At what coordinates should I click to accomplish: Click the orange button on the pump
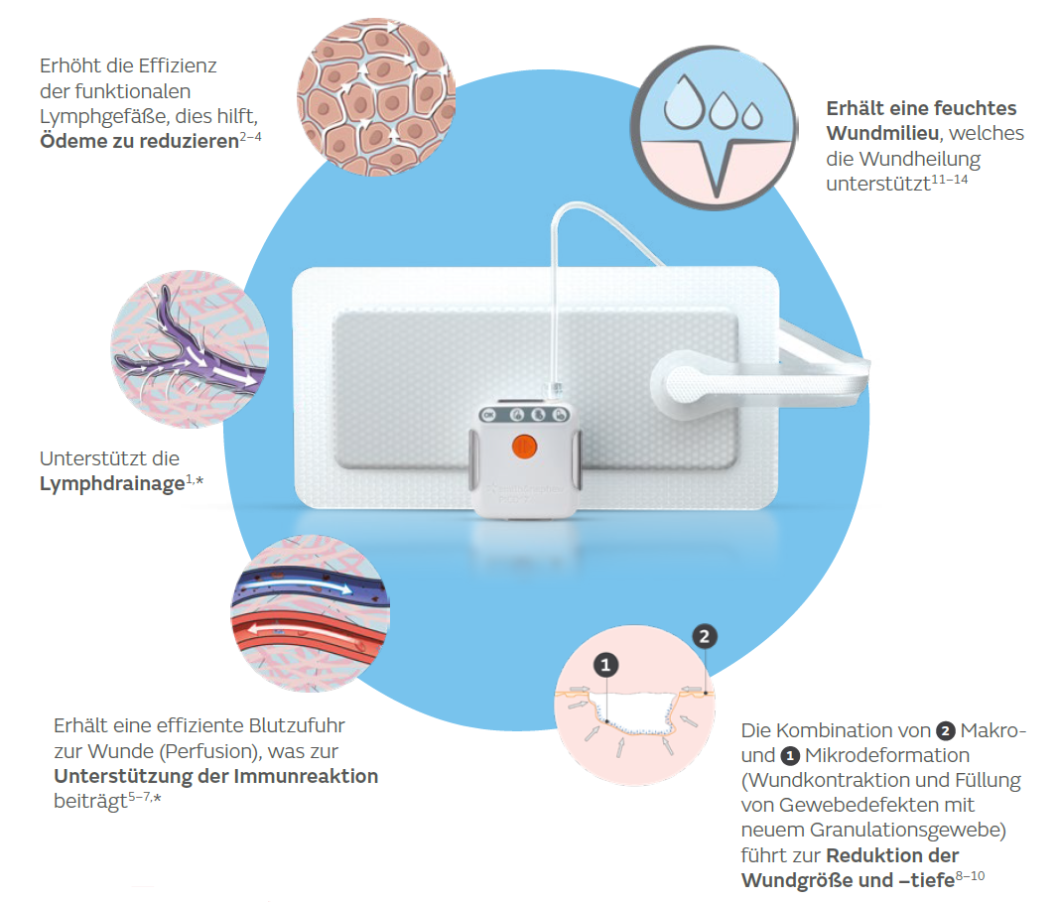click(524, 447)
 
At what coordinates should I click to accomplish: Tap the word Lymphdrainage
click(112, 484)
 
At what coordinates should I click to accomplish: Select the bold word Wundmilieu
click(882, 134)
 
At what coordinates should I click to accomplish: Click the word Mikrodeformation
click(887, 755)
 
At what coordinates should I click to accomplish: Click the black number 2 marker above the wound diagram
click(705, 636)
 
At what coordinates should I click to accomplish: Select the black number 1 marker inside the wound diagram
click(605, 665)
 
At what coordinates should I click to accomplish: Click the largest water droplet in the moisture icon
click(684, 102)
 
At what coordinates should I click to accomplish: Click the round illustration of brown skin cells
click(376, 97)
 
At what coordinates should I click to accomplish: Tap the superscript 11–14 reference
click(950, 180)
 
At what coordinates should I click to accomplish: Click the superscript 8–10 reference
click(971, 875)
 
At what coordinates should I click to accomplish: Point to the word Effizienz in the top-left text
click(178, 65)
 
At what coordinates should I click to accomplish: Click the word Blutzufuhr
click(297, 726)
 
